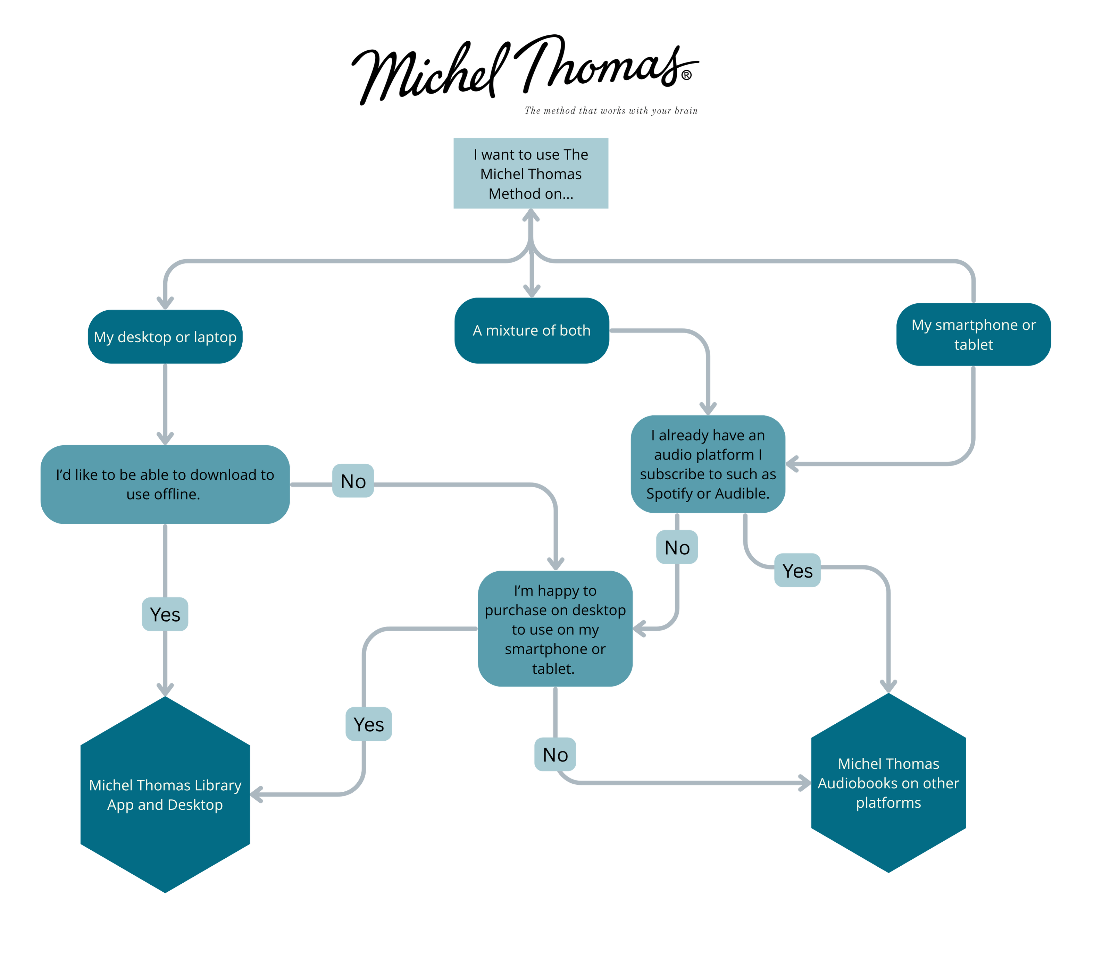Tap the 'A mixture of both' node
[531, 330]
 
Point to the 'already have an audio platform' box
[707, 464]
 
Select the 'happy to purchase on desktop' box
[555, 629]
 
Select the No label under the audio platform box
[677, 547]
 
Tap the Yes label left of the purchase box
[368, 724]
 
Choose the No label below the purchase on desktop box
[555, 754]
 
